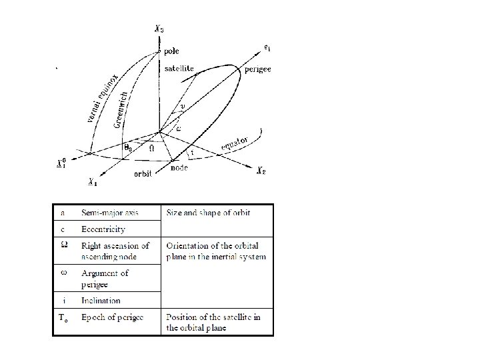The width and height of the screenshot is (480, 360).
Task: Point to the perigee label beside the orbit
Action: pyautogui.click(x=257, y=69)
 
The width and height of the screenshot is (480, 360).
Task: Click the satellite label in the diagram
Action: pyautogui.click(x=179, y=68)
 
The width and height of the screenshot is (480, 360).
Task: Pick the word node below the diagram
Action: pyautogui.click(x=178, y=168)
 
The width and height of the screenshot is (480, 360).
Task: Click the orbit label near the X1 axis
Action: pyautogui.click(x=143, y=173)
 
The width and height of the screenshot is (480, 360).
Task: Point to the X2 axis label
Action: pyautogui.click(x=263, y=171)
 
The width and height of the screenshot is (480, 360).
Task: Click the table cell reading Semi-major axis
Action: pyautogui.click(x=108, y=213)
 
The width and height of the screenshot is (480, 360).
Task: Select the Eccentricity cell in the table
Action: pyautogui.click(x=103, y=229)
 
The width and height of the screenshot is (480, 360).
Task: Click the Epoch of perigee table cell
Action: pyautogui.click(x=112, y=315)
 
